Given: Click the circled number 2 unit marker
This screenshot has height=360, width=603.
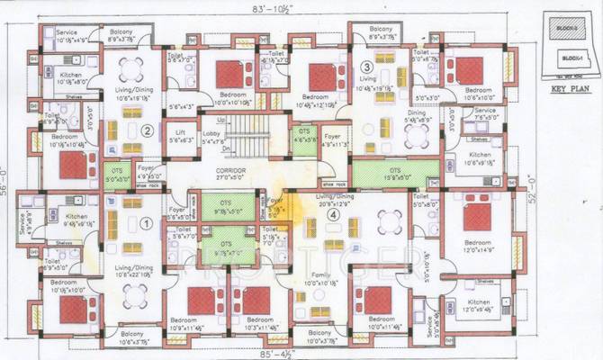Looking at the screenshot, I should point(147,130).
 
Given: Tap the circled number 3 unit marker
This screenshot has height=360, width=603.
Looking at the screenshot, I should point(365,67).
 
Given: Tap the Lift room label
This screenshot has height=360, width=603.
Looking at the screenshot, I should point(181,137).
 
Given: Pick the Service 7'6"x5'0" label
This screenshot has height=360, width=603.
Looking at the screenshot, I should point(484,114).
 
